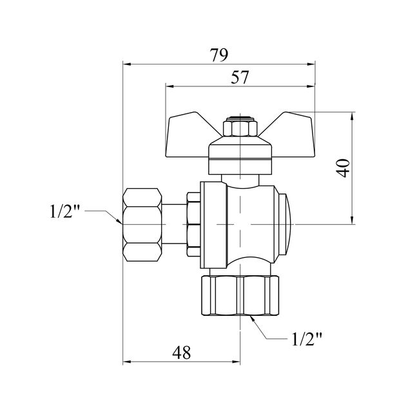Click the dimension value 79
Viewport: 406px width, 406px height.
point(219,55)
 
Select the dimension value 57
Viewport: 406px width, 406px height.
point(240,77)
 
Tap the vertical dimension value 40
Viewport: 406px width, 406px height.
point(343,169)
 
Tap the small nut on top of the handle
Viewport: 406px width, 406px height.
point(239,127)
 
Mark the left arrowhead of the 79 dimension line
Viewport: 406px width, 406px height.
point(125,64)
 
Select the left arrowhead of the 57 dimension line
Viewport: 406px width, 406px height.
point(168,85)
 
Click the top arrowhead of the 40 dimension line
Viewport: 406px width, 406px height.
point(353,116)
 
